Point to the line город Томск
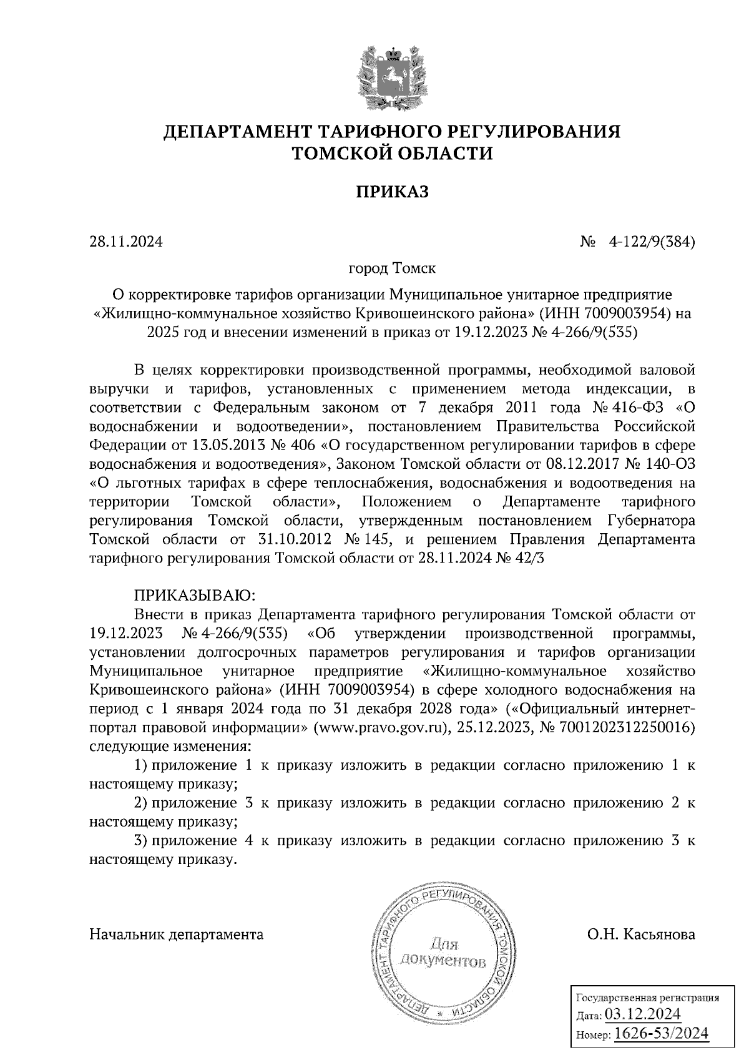tap(392, 269)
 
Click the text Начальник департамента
tap(177, 935)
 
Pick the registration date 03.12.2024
tap(643, 1013)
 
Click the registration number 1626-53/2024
tap(662, 1033)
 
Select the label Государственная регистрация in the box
tap(647, 997)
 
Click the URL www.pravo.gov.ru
tap(384, 727)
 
